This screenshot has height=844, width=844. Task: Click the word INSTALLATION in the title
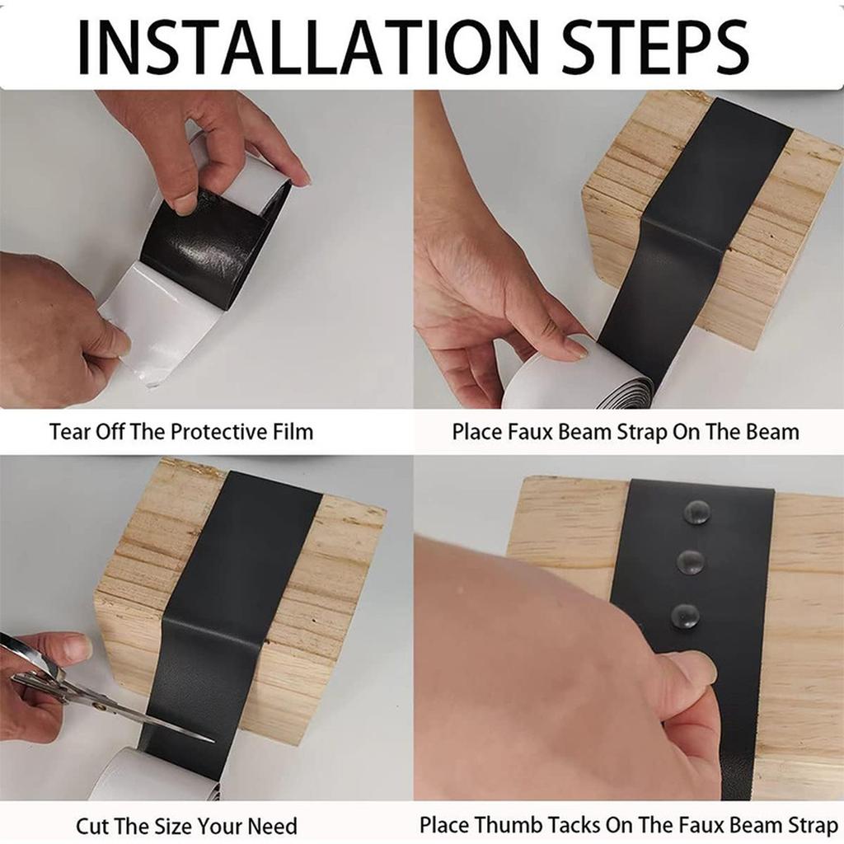tap(305, 47)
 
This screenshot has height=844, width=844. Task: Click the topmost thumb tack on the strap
tap(697, 512)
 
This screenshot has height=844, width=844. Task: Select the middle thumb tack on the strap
tap(691, 562)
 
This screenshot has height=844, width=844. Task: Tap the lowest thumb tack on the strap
tap(685, 615)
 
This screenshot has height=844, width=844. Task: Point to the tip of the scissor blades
tap(211, 738)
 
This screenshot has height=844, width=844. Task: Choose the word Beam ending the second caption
tap(773, 431)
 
